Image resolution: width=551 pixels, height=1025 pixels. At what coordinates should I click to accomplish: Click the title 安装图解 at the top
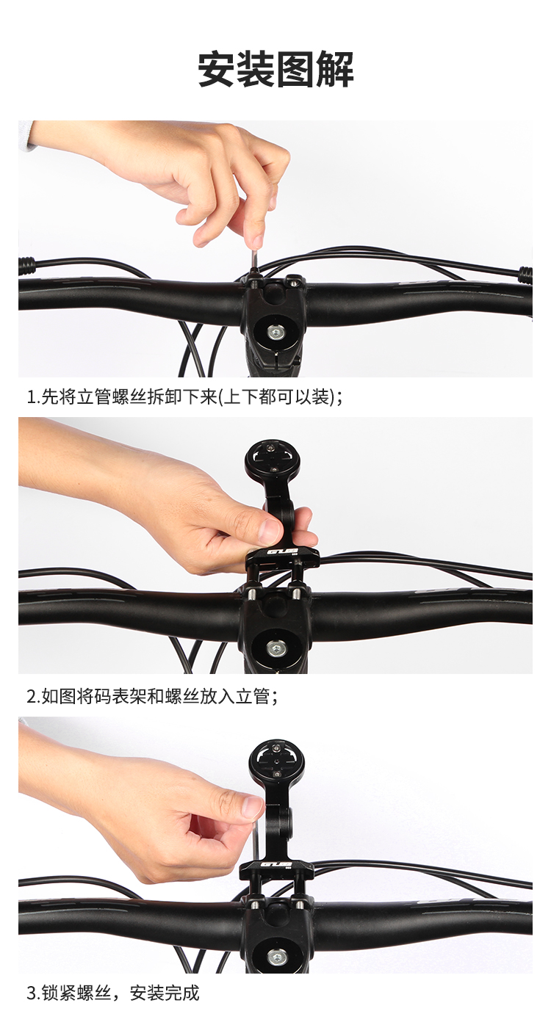click(x=275, y=70)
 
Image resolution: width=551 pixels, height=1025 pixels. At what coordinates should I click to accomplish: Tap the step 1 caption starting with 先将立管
click(x=184, y=396)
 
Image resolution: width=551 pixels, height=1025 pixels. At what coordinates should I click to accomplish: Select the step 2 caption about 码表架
click(x=152, y=696)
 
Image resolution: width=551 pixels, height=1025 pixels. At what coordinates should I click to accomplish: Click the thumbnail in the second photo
click(x=269, y=529)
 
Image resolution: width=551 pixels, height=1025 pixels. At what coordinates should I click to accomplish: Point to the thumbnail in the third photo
click(x=253, y=808)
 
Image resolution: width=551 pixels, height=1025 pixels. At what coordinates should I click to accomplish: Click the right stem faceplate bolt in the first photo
click(x=294, y=281)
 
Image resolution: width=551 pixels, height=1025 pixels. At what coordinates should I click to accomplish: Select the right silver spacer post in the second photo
click(x=296, y=593)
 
